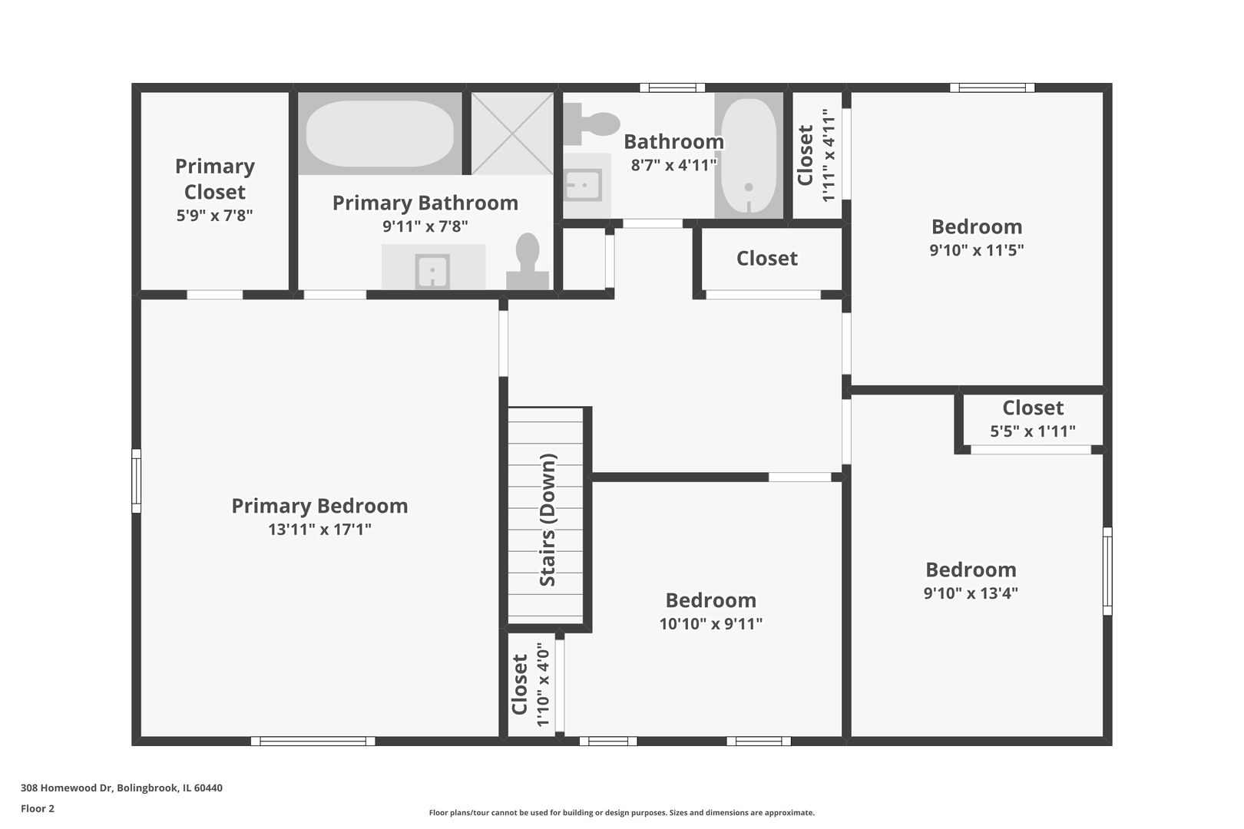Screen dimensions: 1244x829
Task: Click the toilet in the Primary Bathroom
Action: [528, 261]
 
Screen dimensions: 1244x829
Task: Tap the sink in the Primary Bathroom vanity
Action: [432, 272]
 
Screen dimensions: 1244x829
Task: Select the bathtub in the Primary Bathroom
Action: [380, 134]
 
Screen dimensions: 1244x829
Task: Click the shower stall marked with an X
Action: [513, 134]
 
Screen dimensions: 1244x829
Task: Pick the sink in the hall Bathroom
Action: [583, 185]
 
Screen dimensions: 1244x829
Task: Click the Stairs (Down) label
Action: [548, 520]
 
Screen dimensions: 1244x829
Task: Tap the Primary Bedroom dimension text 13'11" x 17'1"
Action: [320, 529]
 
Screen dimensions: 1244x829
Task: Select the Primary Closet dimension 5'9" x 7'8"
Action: [214, 216]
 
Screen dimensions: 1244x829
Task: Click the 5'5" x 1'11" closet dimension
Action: [1033, 431]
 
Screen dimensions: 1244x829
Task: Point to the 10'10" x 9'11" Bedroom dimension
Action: [711, 624]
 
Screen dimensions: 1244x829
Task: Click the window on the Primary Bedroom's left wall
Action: [136, 481]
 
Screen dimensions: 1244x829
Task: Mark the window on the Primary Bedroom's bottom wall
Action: [313, 741]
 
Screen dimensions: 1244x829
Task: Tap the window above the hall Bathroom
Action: [672, 88]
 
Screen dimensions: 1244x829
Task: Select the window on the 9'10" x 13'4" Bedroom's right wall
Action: [1107, 571]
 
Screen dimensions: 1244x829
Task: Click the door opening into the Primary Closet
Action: [215, 295]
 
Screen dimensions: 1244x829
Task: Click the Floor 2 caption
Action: [38, 809]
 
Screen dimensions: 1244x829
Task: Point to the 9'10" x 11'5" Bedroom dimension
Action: [977, 250]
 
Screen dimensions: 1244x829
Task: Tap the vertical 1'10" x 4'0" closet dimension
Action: [543, 685]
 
